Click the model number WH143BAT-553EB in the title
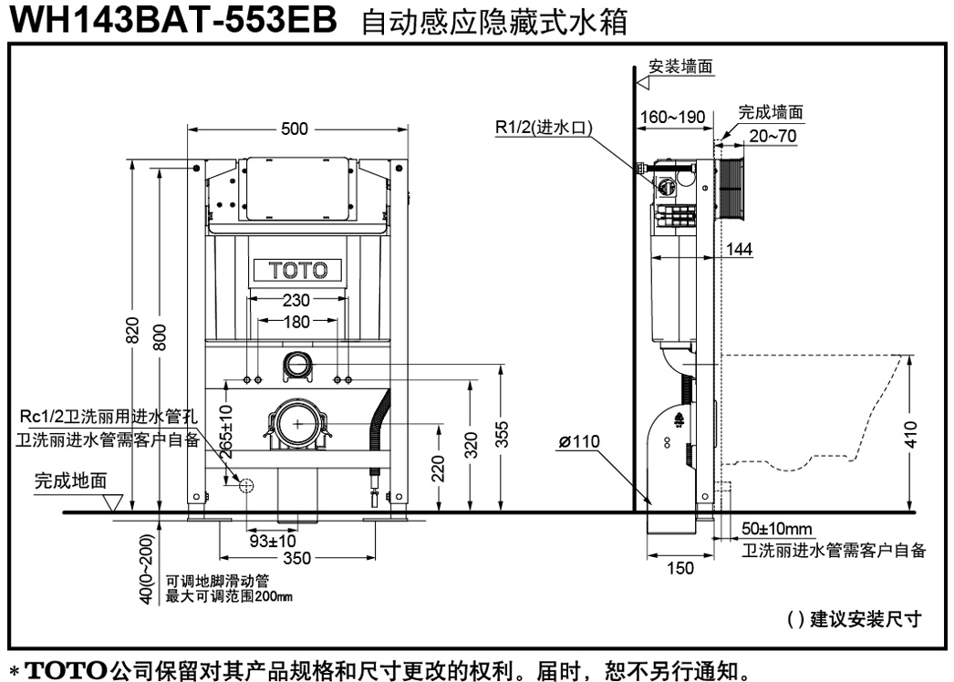pyautogui.click(x=173, y=20)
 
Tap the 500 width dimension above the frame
pyautogui.click(x=295, y=129)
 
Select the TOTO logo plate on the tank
pyautogui.click(x=297, y=270)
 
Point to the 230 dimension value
pyautogui.click(x=296, y=300)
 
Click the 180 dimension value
pyautogui.click(x=296, y=322)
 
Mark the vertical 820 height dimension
pyautogui.click(x=132, y=330)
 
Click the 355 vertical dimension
pyautogui.click(x=502, y=435)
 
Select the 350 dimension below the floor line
pyautogui.click(x=297, y=558)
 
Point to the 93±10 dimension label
pyautogui.click(x=273, y=541)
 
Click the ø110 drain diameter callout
pyautogui.click(x=579, y=441)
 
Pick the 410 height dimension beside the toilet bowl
pyautogui.click(x=911, y=434)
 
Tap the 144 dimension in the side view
pyautogui.click(x=740, y=249)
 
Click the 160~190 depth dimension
pyautogui.click(x=673, y=117)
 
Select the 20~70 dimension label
pyautogui.click(x=773, y=136)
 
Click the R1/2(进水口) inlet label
pyautogui.click(x=544, y=127)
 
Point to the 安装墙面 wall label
pyautogui.click(x=680, y=67)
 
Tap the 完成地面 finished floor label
pyautogui.click(x=70, y=480)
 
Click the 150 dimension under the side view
pyautogui.click(x=679, y=568)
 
